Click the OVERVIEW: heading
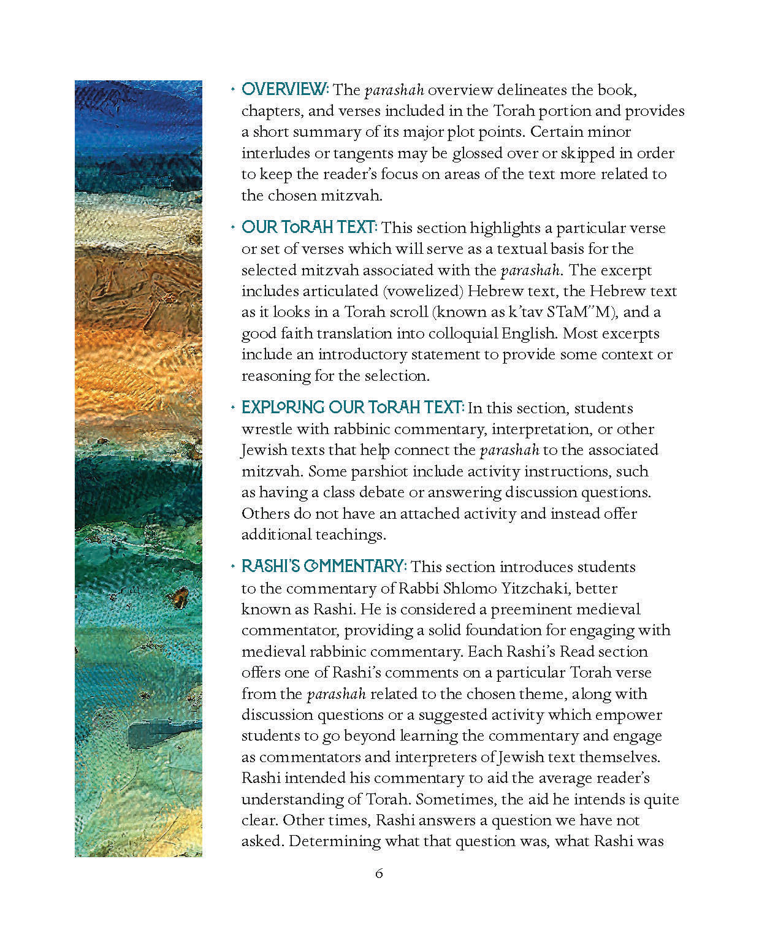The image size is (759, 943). [285, 90]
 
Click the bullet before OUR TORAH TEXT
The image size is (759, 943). [232, 227]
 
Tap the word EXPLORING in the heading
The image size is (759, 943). [283, 408]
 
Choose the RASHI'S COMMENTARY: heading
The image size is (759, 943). [324, 567]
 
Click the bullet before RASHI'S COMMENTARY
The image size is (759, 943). [232, 566]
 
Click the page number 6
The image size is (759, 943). [379, 873]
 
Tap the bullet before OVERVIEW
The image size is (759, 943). [232, 90]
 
